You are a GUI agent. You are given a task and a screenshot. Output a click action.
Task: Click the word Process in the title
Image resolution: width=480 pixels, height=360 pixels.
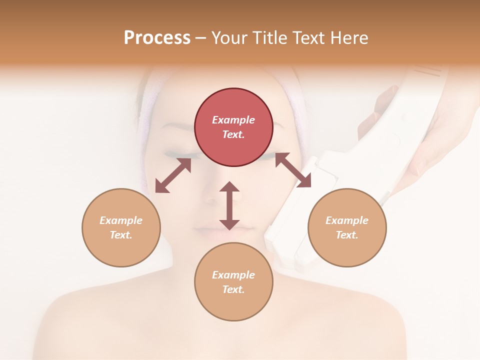click(x=157, y=38)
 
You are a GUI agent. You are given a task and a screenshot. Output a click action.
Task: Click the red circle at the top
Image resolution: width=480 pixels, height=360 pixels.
click(x=233, y=127)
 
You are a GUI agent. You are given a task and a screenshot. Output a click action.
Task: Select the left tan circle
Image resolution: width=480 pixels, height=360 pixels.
click(x=121, y=227)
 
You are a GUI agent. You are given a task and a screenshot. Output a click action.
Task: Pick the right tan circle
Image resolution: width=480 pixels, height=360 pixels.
click(x=347, y=227)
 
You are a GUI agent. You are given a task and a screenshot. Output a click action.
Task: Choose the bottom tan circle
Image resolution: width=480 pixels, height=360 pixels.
click(x=233, y=282)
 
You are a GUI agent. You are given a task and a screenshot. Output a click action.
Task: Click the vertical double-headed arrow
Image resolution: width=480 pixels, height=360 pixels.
click(x=229, y=205)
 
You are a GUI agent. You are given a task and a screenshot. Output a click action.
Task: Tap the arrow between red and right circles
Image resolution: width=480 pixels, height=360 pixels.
click(x=293, y=170)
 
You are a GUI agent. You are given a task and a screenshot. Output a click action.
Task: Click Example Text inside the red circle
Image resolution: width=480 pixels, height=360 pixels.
click(x=233, y=127)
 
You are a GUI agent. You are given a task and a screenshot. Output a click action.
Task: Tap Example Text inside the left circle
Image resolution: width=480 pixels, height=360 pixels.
click(x=121, y=227)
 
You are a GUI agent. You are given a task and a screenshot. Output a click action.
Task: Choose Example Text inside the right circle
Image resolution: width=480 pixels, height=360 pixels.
click(x=347, y=227)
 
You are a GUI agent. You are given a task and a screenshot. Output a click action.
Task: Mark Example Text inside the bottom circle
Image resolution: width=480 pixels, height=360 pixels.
click(x=233, y=282)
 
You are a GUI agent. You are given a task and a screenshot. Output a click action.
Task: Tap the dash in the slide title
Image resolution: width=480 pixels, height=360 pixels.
click(x=201, y=38)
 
